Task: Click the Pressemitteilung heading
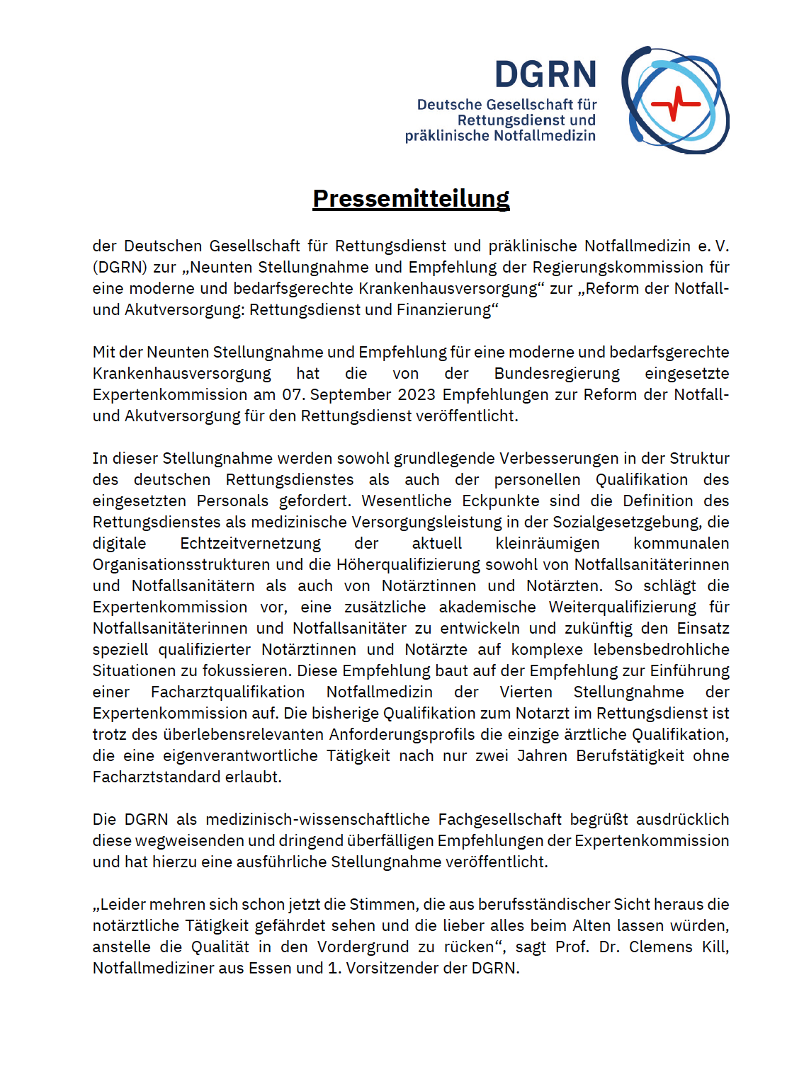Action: click(x=411, y=198)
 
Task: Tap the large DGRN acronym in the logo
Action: click(x=545, y=75)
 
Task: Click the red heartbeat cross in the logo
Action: click(x=675, y=103)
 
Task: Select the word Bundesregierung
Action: click(x=557, y=373)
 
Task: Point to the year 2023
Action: click(x=417, y=394)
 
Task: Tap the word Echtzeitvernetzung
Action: click(x=250, y=543)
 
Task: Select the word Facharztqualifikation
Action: click(x=227, y=692)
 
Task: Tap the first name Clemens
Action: click(x=660, y=947)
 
